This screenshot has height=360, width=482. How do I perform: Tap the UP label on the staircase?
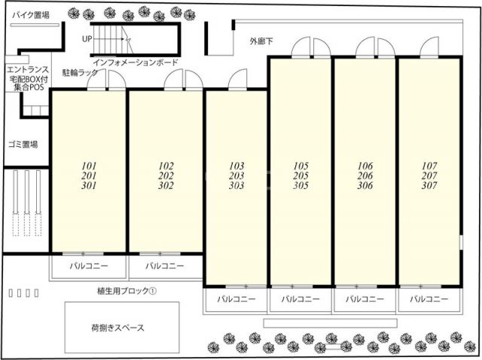(x=87, y=38)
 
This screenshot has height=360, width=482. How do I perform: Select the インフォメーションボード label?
(x=136, y=63)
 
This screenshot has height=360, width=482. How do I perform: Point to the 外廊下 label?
(x=263, y=41)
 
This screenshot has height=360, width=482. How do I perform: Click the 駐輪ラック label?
(x=80, y=74)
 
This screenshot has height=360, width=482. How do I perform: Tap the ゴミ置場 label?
(x=23, y=144)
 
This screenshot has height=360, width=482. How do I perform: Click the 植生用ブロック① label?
(x=126, y=290)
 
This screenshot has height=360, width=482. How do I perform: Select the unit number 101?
(x=88, y=165)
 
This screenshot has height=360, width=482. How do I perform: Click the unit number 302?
(x=166, y=185)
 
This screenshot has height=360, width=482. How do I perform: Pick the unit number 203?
(x=236, y=175)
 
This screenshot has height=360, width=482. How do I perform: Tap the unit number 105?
(x=301, y=165)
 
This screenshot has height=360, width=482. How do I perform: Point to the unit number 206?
(x=365, y=175)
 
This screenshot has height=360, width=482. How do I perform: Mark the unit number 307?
(x=429, y=185)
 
